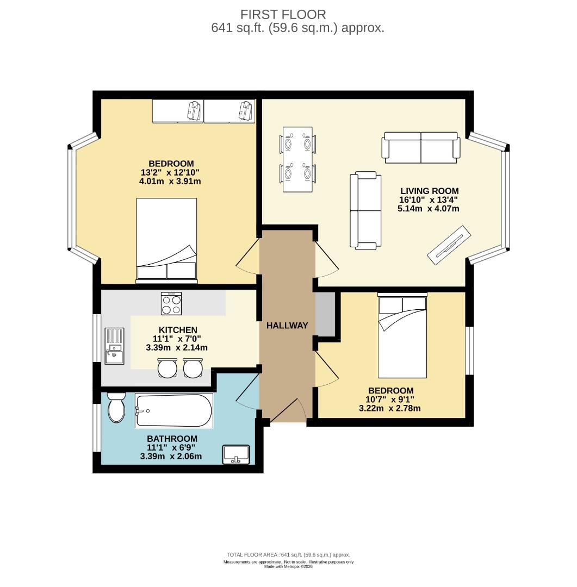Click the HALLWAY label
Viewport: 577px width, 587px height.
pyautogui.click(x=287, y=326)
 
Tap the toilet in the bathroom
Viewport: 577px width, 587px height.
pyautogui.click(x=116, y=407)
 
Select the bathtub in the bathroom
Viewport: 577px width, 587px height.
pyautogui.click(x=174, y=410)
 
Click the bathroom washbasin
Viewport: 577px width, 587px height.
pyautogui.click(x=236, y=454)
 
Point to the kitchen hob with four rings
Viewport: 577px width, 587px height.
pyautogui.click(x=171, y=303)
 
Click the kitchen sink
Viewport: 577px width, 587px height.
pyautogui.click(x=114, y=346)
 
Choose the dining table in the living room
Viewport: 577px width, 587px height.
pyautogui.click(x=297, y=159)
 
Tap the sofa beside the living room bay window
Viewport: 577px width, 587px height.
pyautogui.click(x=421, y=147)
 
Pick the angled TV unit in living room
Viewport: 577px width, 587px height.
pyautogui.click(x=449, y=245)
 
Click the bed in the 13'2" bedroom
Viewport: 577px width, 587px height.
pyautogui.click(x=166, y=240)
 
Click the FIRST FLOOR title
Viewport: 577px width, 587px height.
pyautogui.click(x=283, y=15)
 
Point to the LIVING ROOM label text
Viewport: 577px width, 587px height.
pyautogui.click(x=430, y=191)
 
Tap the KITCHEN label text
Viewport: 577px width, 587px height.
pyautogui.click(x=178, y=330)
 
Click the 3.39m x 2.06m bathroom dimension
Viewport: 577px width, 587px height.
pyautogui.click(x=171, y=457)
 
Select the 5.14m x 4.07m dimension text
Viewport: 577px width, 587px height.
pyautogui.click(x=428, y=209)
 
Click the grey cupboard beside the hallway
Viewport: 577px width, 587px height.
pyautogui.click(x=325, y=314)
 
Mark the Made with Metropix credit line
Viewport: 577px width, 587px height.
pyautogui.click(x=288, y=567)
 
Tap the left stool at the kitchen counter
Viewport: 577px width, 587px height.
pyautogui.click(x=167, y=368)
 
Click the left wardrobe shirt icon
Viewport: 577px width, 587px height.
pyautogui.click(x=195, y=110)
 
